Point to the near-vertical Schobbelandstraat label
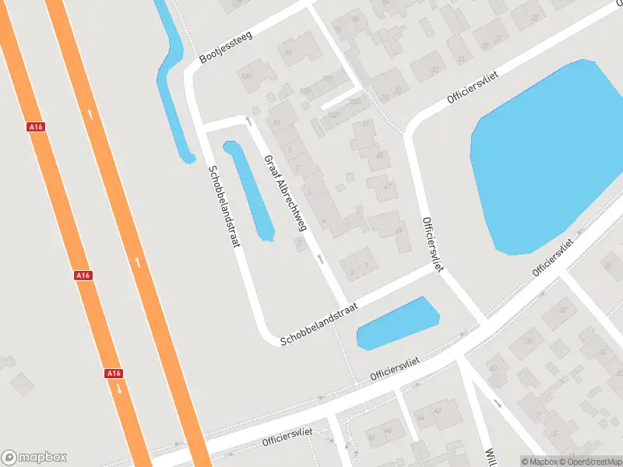tap(222, 206)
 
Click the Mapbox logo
tap(34, 458)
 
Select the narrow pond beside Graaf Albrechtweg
tap(249, 191)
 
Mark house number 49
tap(399, 230)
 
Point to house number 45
tap(380, 156)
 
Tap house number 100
tap(248, 75)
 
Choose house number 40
tap(492, 368)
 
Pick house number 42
tap(438, 410)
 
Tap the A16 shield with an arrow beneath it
tap(113, 374)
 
